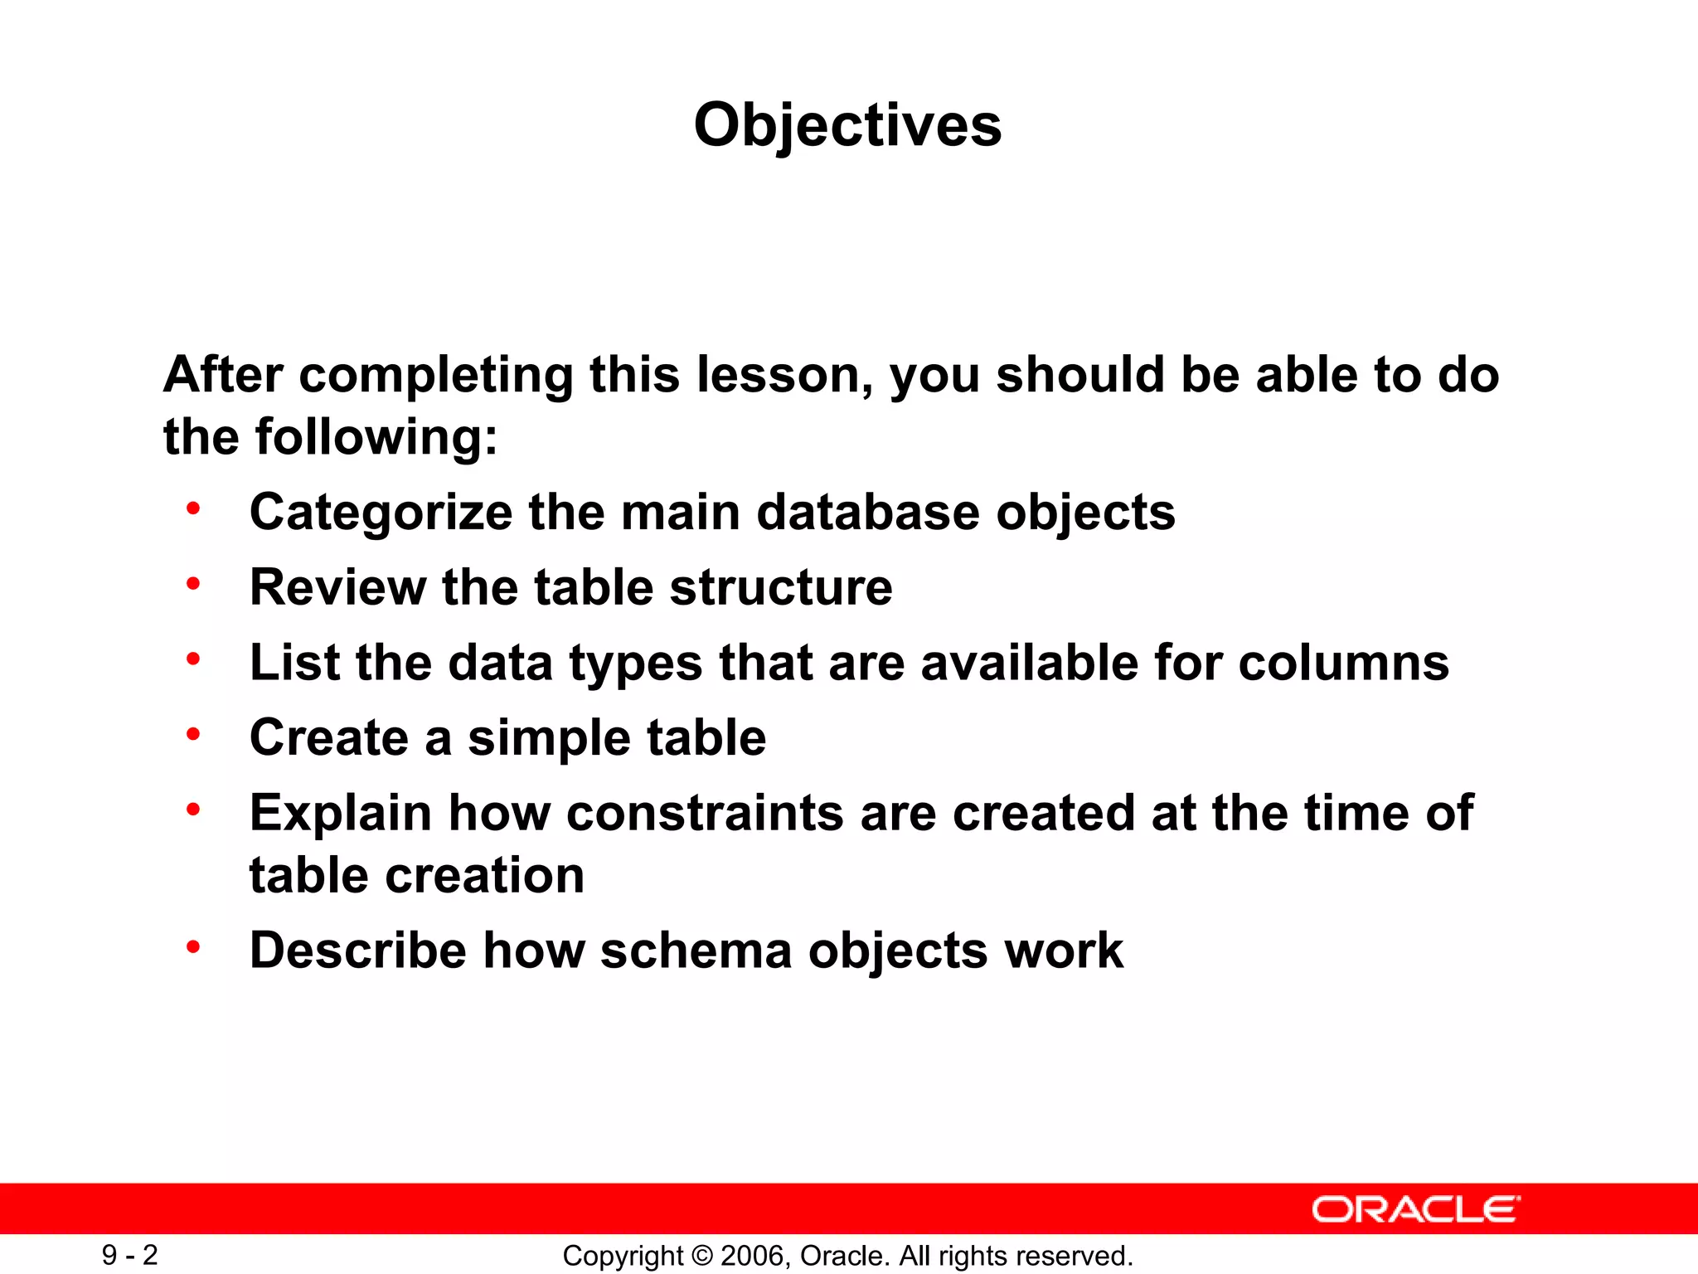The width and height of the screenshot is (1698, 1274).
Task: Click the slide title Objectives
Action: (x=847, y=125)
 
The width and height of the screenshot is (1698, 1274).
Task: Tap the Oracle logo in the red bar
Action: (x=1415, y=1209)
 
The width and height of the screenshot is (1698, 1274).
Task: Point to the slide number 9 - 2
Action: (x=129, y=1255)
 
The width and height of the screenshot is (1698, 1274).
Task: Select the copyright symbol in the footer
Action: (x=701, y=1256)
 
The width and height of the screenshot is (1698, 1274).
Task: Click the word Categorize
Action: (x=381, y=512)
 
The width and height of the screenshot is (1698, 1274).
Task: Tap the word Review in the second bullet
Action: (x=337, y=587)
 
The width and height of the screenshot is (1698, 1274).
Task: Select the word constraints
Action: (x=705, y=813)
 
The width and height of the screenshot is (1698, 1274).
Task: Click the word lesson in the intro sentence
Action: (x=783, y=375)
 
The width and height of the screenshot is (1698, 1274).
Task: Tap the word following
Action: (x=376, y=437)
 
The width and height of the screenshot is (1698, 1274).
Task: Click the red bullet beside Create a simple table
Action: (x=193, y=734)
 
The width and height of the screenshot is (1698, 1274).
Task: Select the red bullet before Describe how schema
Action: (x=193, y=946)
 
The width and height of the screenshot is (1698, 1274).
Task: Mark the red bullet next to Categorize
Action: (x=193, y=508)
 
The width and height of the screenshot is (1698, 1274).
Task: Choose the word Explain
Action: (x=341, y=813)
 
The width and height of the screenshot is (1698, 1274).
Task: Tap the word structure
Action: (x=781, y=587)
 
